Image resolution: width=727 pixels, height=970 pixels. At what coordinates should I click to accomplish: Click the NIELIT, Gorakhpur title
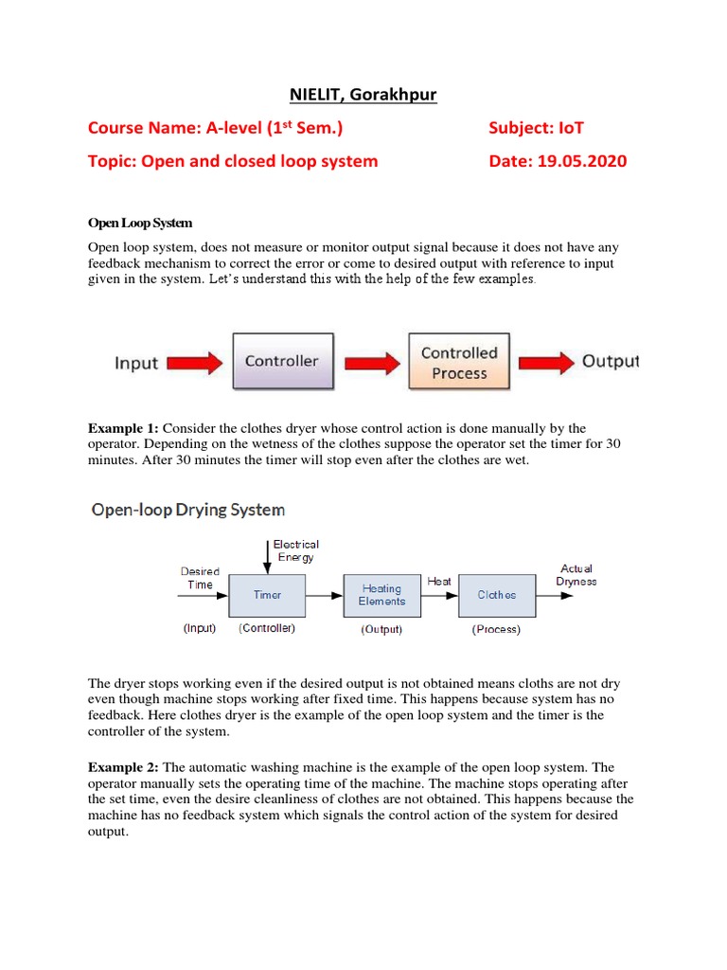[x=363, y=96]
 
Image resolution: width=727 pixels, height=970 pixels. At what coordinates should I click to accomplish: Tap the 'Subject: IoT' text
[x=543, y=128]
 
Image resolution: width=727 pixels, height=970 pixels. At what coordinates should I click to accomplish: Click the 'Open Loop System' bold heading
[x=140, y=223]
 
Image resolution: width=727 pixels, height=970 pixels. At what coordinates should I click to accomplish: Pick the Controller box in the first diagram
[x=282, y=360]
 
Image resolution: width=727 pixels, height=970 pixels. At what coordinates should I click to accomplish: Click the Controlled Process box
[x=459, y=363]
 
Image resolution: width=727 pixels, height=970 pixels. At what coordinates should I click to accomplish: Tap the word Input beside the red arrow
[x=137, y=363]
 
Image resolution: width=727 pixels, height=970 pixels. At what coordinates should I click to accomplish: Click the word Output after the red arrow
[x=610, y=361]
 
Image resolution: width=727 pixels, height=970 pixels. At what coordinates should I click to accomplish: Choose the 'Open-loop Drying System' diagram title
[x=187, y=510]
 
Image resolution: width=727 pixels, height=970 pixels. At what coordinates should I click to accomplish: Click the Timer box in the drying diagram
[x=268, y=595]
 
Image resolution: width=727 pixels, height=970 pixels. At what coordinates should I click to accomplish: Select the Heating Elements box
[x=381, y=595]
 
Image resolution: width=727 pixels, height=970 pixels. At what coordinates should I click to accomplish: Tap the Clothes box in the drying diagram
[x=497, y=595]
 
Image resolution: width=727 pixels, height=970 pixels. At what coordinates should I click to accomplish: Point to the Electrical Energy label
[x=295, y=550]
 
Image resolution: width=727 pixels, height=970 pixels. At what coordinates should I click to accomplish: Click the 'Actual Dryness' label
[x=576, y=575]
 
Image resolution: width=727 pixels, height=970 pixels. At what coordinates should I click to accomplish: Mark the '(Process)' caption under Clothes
[x=496, y=629]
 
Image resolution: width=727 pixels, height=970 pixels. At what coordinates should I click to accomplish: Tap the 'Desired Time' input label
[x=200, y=578]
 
